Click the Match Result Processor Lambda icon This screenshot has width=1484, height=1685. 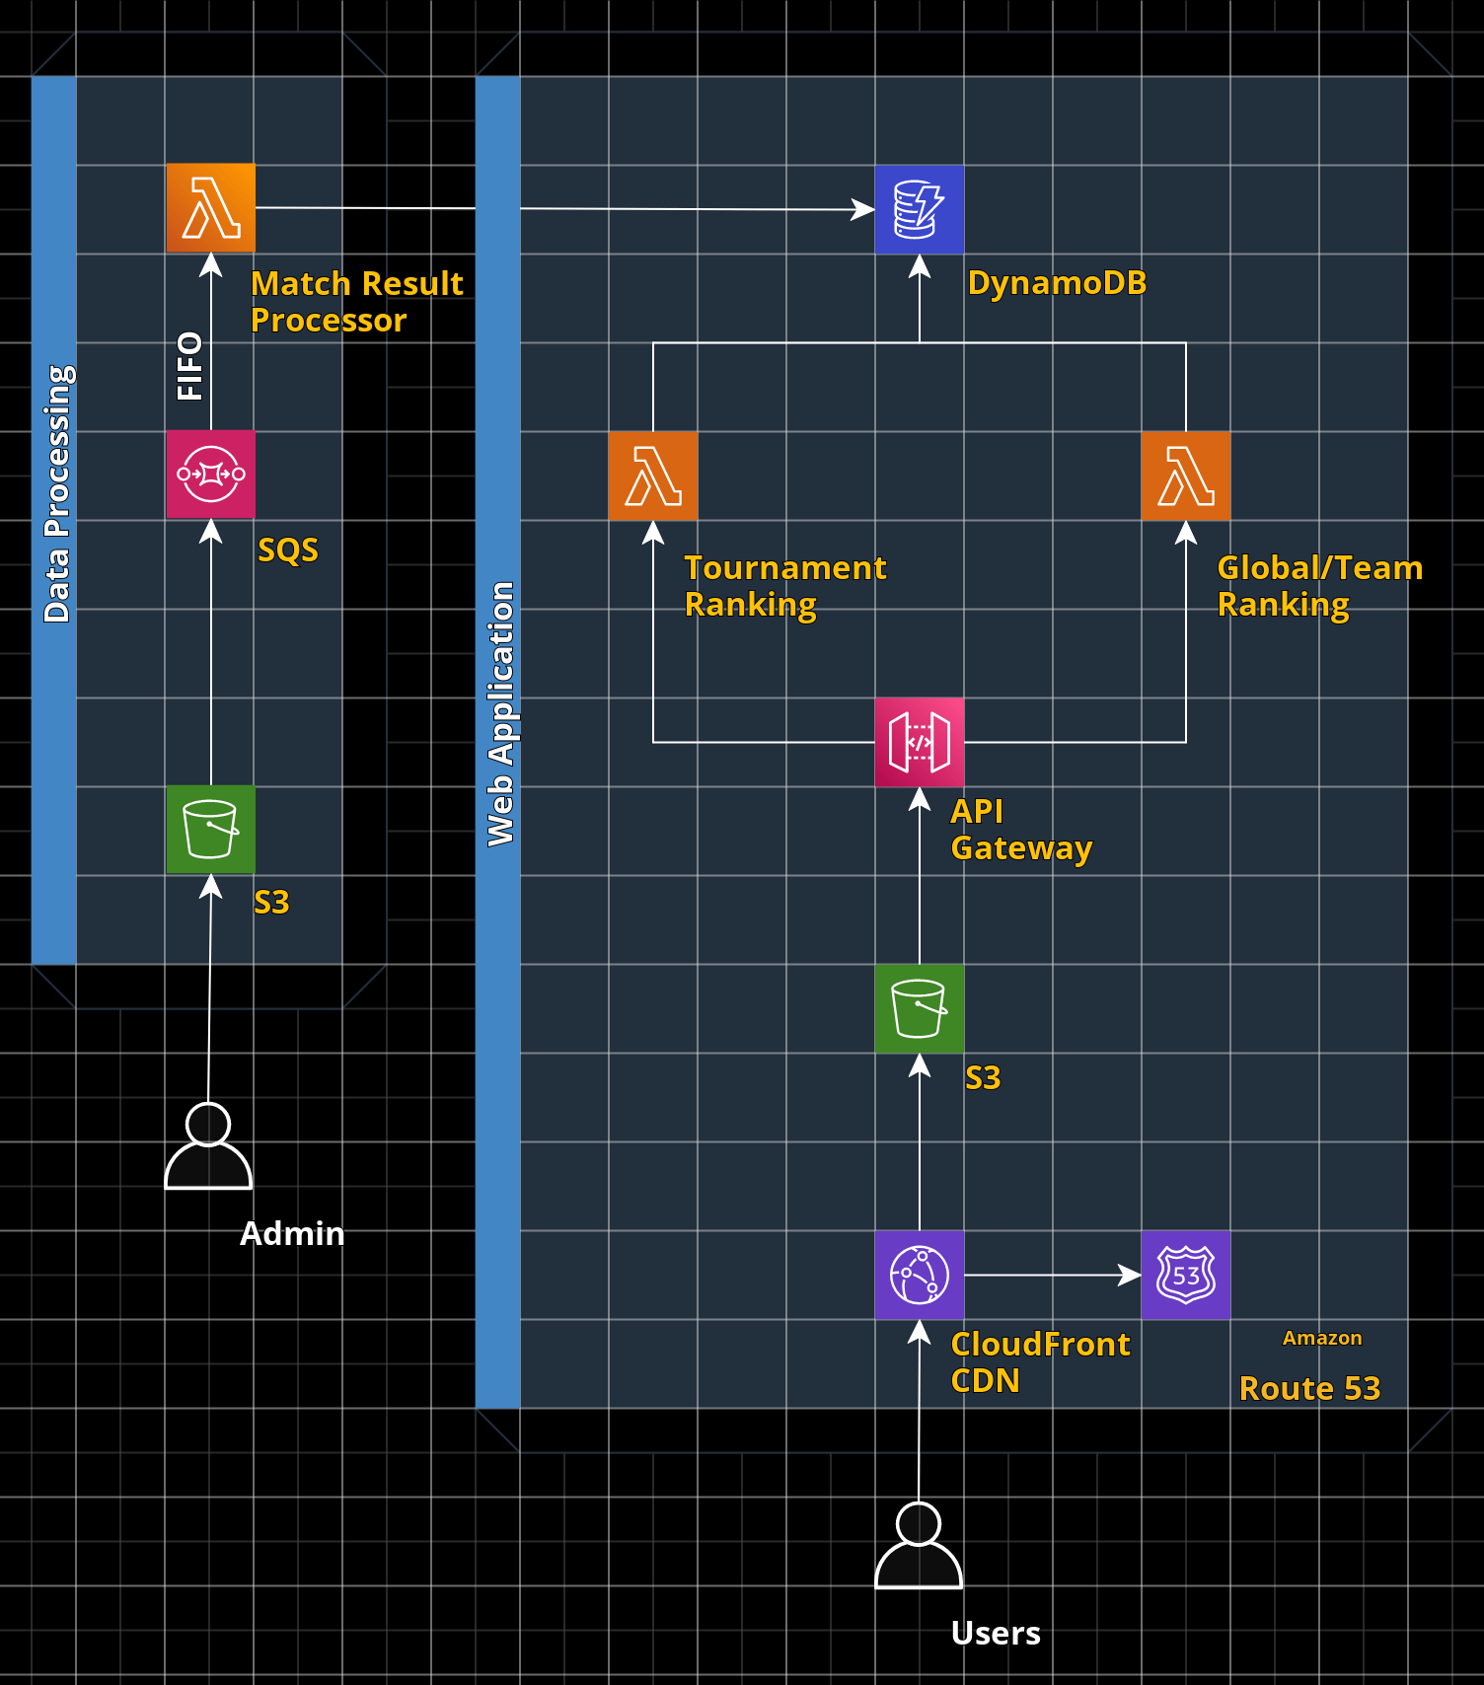click(211, 208)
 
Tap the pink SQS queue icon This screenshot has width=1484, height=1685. click(211, 475)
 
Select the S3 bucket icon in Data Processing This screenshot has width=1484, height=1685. click(211, 830)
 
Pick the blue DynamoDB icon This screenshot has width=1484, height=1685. click(920, 209)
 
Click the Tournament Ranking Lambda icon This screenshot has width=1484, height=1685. click(653, 476)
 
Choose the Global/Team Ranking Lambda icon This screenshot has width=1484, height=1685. click(1186, 476)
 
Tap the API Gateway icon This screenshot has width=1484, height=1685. click(920, 742)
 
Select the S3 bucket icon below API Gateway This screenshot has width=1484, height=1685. click(920, 1008)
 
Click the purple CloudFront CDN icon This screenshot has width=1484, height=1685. click(920, 1275)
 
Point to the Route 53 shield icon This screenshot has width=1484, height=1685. click(1186, 1275)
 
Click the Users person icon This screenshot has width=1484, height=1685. click(919, 1546)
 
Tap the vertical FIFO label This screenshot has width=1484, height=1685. click(189, 366)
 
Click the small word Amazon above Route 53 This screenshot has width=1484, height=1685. click(1322, 1338)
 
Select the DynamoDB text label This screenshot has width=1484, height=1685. click(1057, 283)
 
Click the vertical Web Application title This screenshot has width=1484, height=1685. click(500, 713)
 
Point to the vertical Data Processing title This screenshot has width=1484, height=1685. click(56, 493)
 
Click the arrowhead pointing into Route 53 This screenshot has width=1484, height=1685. click(1130, 1275)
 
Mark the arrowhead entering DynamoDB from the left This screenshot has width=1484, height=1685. click(863, 209)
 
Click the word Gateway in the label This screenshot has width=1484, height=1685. click(1021, 848)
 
